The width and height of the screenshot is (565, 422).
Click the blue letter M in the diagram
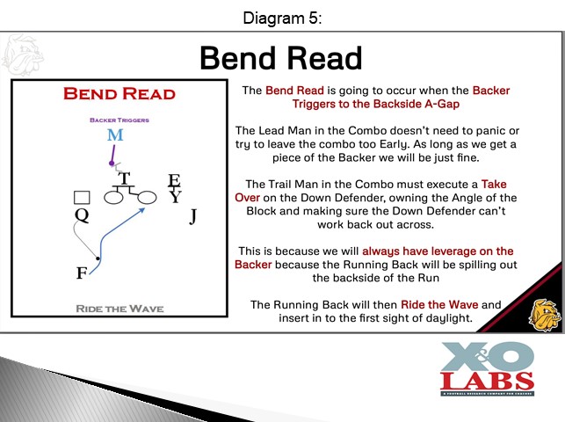coord(115,135)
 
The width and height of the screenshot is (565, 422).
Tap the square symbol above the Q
coord(82,198)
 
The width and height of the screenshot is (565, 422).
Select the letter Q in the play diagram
coord(82,216)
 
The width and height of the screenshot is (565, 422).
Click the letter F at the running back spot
coord(82,273)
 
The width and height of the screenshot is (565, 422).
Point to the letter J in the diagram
coord(193,216)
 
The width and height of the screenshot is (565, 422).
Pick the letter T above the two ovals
coord(124,178)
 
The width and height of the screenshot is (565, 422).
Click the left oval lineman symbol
coord(113,198)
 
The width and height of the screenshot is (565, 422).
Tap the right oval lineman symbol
coord(146,198)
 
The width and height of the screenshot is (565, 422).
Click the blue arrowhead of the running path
coord(142,210)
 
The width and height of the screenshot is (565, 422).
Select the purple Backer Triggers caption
coord(120,120)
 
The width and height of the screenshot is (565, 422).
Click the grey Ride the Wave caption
coord(120,309)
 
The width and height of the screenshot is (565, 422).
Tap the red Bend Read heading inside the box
coord(120,94)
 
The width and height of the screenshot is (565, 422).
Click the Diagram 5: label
coord(282,18)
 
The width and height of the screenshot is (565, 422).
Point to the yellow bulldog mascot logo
coord(545,315)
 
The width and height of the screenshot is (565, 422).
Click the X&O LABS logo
coord(487,368)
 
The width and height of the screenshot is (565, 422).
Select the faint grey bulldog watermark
coord(22,55)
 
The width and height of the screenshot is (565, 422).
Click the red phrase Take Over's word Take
coord(494,184)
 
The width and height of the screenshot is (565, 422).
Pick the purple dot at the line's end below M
coord(112,164)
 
